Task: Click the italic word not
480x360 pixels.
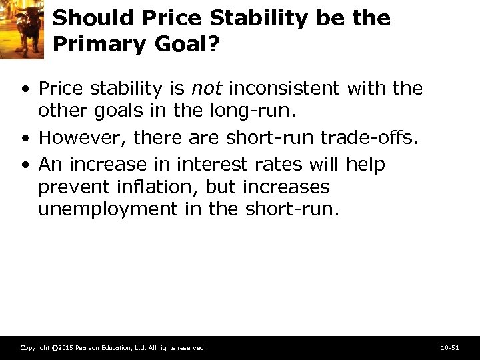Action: point(207,88)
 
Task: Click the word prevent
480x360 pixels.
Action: point(73,187)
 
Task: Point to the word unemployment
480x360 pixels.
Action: point(107,209)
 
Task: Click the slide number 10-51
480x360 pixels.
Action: point(450,348)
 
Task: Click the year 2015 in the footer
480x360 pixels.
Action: point(65,348)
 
